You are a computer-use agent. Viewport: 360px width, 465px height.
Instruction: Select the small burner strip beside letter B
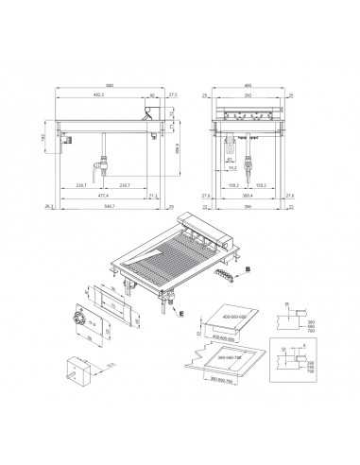225,273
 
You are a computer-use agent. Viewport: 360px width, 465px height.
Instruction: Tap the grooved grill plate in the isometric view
184,260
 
